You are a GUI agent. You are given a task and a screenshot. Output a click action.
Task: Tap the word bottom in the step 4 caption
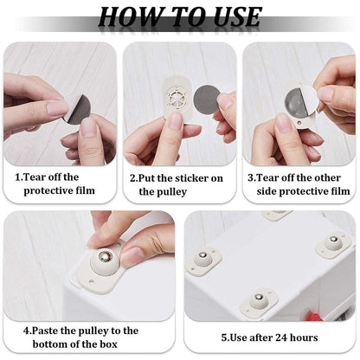coord(61,344)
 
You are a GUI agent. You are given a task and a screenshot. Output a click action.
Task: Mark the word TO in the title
coord(181,16)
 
